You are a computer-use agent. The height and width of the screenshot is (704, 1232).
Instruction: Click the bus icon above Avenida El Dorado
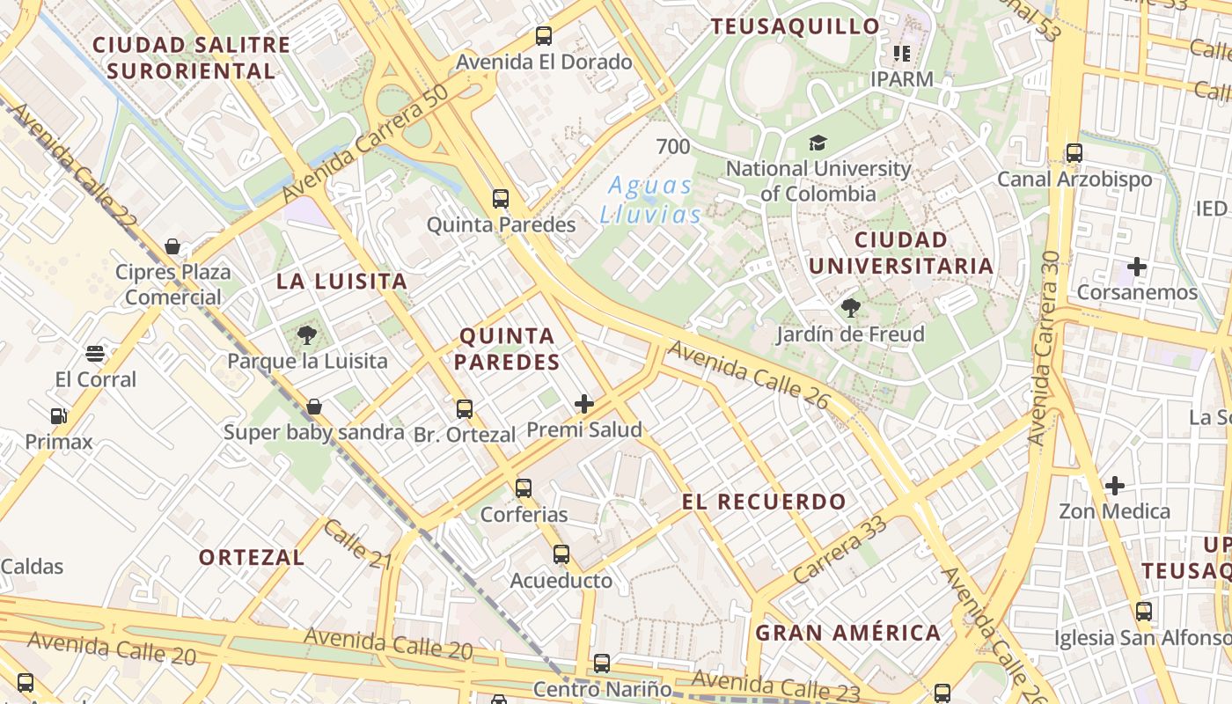544,36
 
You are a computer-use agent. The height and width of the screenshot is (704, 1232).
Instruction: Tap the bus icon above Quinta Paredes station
501,199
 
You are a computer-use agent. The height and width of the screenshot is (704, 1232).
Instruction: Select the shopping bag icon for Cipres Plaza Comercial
172,246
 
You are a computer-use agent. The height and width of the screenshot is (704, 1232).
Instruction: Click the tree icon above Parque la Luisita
306,335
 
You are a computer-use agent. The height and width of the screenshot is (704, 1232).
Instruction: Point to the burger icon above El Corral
95,354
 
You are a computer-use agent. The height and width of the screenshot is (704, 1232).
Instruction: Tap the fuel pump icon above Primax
58,415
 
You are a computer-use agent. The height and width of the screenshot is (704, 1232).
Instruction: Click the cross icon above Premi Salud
583,404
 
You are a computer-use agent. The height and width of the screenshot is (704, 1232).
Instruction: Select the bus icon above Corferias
524,488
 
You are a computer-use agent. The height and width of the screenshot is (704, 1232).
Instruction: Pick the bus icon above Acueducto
561,554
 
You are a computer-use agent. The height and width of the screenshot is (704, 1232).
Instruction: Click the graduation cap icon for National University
818,143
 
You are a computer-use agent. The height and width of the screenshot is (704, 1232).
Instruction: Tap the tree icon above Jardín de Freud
850,308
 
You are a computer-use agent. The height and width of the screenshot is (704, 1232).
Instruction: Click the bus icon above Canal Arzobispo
1074,153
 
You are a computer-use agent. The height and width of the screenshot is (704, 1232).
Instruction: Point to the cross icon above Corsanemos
1137,266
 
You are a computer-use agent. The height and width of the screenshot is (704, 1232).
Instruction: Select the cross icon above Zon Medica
1114,485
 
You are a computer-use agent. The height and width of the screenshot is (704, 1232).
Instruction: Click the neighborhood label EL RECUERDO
764,502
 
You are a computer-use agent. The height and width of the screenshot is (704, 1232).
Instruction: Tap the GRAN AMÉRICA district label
847,633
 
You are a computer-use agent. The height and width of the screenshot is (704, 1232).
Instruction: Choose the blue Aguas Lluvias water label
651,200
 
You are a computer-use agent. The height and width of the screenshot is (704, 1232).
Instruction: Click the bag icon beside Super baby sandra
313,407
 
